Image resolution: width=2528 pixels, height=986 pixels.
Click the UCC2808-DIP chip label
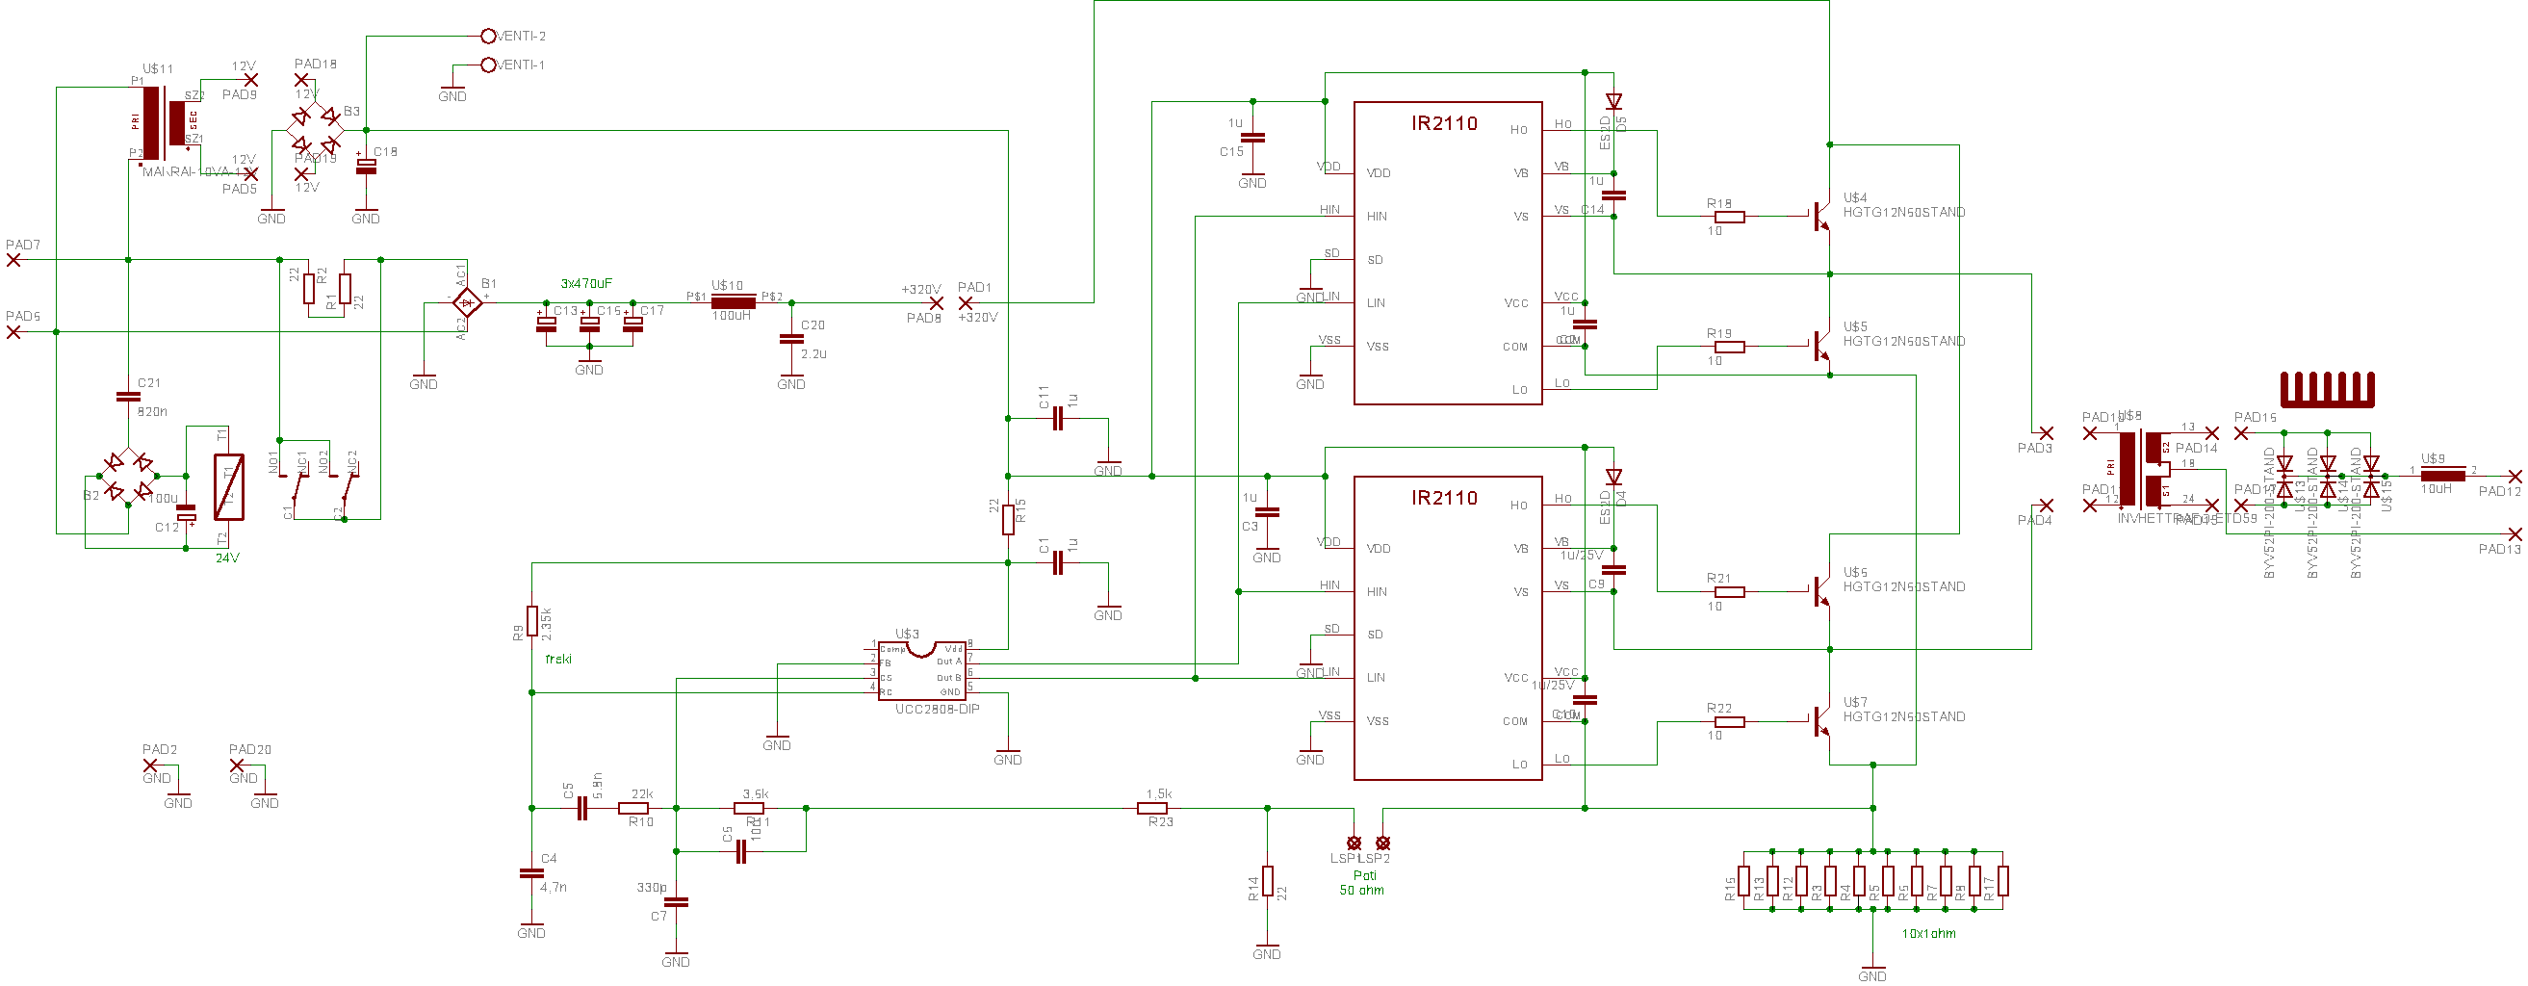click(937, 710)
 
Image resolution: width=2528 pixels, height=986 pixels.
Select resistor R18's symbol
click(1729, 217)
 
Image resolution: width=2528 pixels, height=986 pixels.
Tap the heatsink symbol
click(2326, 390)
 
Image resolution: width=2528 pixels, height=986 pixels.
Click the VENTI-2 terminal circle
click(488, 37)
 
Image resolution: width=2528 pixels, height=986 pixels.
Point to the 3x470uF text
click(586, 283)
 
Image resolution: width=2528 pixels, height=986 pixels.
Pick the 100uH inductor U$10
click(733, 302)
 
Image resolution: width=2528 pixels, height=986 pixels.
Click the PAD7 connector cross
click(13, 260)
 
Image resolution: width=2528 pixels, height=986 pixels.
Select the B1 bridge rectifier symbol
click(467, 302)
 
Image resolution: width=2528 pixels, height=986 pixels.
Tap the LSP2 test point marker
click(1382, 843)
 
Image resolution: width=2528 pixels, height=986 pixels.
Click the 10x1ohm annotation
click(1928, 934)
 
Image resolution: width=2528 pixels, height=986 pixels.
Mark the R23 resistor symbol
click(1152, 809)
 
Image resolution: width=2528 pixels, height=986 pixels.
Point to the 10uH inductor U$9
click(2441, 476)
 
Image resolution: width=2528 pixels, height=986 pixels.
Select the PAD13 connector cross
click(2515, 534)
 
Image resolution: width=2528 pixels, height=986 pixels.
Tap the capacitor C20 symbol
click(791, 339)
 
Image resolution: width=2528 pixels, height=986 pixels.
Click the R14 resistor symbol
click(1267, 881)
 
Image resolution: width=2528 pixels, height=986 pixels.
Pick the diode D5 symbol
click(1613, 102)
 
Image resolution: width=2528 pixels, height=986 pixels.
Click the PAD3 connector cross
click(2046, 432)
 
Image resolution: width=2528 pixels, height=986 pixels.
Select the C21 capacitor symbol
click(129, 398)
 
